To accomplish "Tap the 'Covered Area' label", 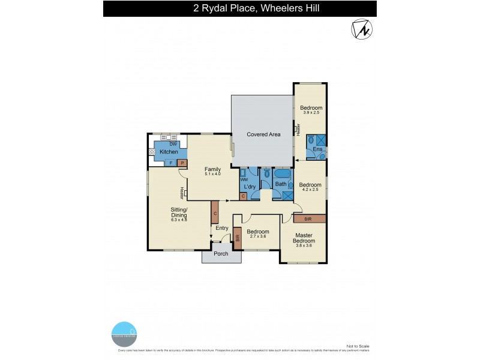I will (263, 134).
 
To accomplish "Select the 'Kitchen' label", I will (169, 152).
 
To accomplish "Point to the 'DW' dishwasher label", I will (172, 144).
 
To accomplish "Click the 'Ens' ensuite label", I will (317, 148).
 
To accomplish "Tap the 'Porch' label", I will (221, 253).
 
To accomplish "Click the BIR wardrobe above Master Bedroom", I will (308, 219).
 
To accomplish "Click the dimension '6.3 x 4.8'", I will (179, 220).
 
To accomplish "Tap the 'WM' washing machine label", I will (244, 179).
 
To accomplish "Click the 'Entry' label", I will (222, 228).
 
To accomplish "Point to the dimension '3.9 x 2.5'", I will (311, 113).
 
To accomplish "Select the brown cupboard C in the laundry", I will (243, 196).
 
